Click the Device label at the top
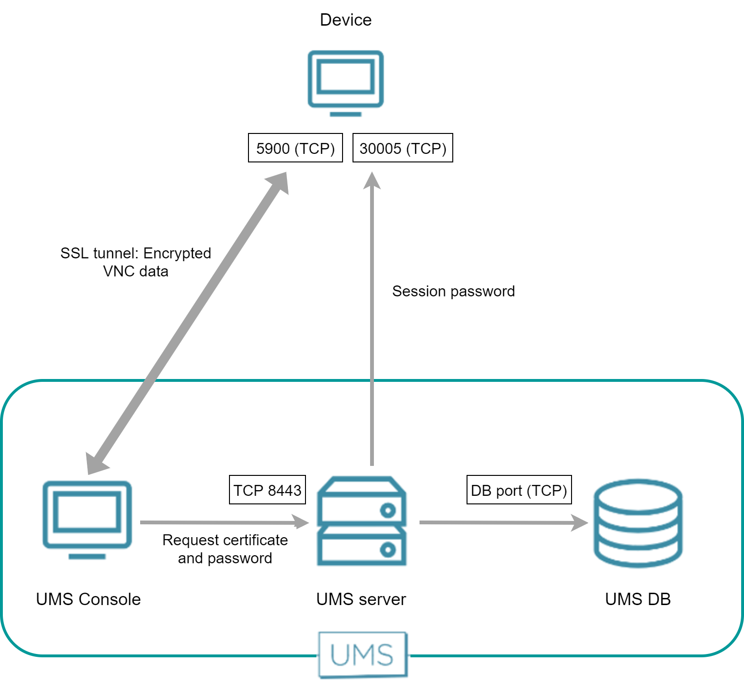tap(345, 20)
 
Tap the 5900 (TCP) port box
tap(296, 148)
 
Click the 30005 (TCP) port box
tap(402, 148)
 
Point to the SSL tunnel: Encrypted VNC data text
tap(135, 262)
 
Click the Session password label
tap(453, 291)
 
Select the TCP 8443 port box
tap(267, 490)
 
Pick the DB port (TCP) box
tap(519, 490)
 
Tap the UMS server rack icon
tap(362, 521)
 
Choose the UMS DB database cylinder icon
tap(638, 523)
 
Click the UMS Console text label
tap(88, 599)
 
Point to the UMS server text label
tap(361, 599)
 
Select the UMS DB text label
tap(638, 599)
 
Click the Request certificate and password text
tap(225, 549)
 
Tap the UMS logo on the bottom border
tap(362, 655)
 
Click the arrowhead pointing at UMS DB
tap(580, 523)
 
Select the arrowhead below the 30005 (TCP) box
tap(372, 181)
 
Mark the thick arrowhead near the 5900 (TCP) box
tap(279, 182)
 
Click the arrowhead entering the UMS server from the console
tap(300, 522)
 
